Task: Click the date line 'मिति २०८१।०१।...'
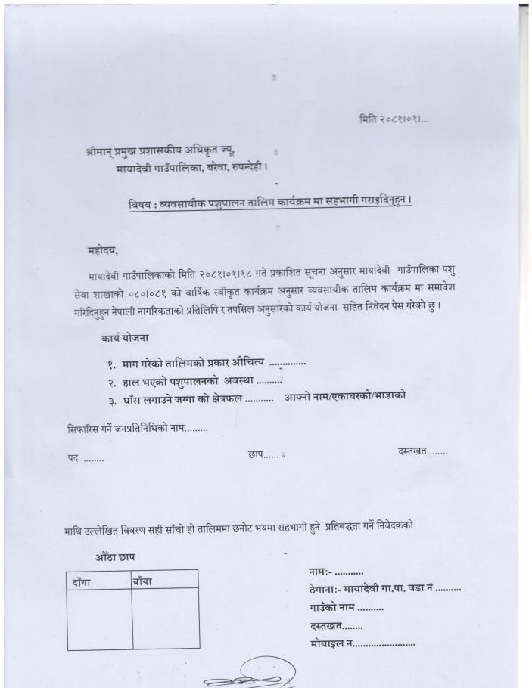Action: click(x=394, y=119)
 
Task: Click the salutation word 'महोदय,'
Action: click(x=104, y=250)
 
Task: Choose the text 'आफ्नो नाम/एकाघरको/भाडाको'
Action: click(x=345, y=396)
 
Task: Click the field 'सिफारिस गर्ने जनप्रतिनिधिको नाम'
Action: click(x=137, y=429)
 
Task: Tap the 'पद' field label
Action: click(x=84, y=459)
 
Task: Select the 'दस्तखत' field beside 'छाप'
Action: click(x=422, y=452)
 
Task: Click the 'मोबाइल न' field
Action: click(x=362, y=643)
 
